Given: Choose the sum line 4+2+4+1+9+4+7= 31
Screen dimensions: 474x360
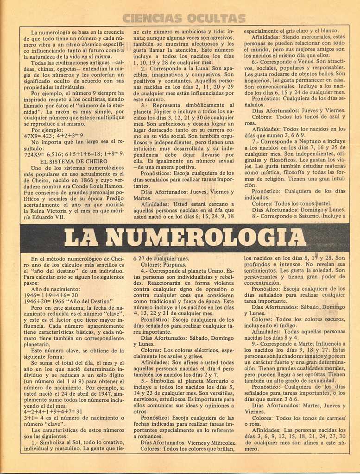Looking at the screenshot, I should [x=53, y=411].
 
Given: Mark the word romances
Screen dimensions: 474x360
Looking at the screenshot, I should [x=150, y=436].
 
